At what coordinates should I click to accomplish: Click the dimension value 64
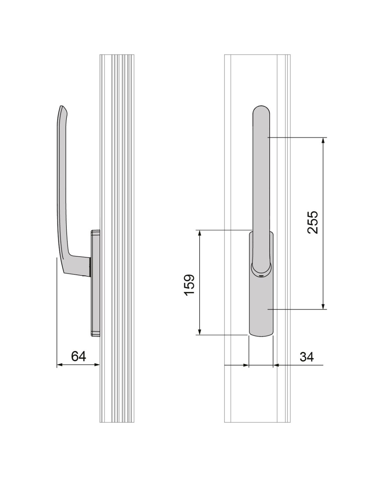[78, 356]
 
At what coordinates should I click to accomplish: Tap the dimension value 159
[190, 285]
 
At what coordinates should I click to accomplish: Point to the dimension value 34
[307, 357]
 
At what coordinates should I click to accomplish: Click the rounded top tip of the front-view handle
[261, 108]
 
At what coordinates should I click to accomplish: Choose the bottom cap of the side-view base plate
[95, 333]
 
